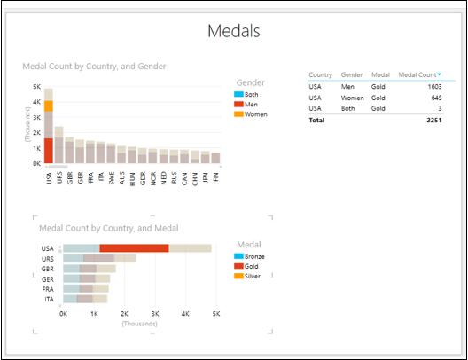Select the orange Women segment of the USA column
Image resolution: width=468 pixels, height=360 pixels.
(x=49, y=106)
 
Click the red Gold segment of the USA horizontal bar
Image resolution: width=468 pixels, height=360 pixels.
(x=134, y=248)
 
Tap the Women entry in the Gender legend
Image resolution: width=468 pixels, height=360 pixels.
(x=255, y=114)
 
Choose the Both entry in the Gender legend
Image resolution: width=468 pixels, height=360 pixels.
(x=251, y=94)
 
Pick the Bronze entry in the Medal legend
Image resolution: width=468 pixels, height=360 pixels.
(x=255, y=255)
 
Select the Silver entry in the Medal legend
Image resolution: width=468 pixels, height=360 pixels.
(x=253, y=276)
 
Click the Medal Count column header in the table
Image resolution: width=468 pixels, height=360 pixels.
(x=419, y=75)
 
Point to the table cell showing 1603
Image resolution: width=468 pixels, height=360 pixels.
(x=432, y=87)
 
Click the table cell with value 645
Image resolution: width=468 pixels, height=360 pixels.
(x=433, y=98)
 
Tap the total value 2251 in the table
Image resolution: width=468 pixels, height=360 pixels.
(x=432, y=118)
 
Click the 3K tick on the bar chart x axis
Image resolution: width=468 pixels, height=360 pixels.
(x=155, y=313)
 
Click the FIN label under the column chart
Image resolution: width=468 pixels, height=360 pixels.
(x=216, y=177)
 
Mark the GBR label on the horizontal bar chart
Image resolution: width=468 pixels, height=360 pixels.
(x=48, y=268)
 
